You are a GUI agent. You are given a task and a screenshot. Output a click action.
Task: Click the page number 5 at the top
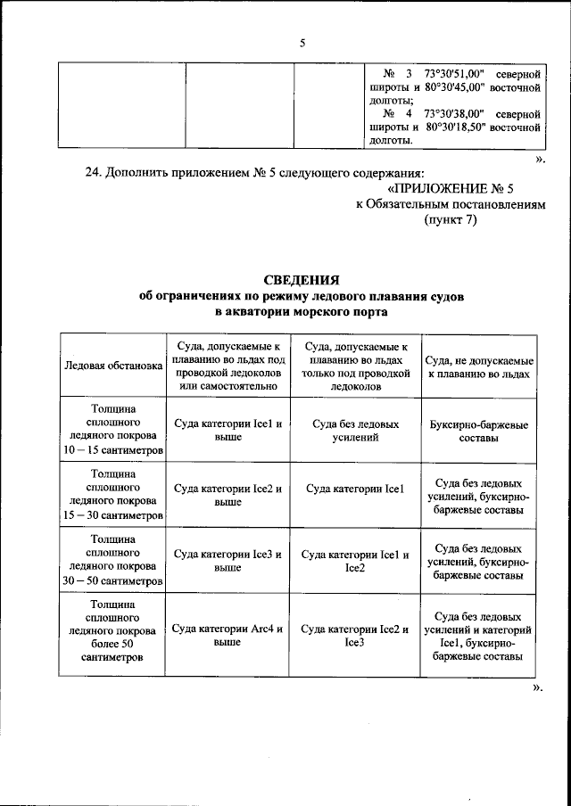pyautogui.click(x=302, y=43)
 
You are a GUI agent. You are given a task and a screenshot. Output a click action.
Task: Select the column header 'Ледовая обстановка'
pyautogui.click(x=112, y=365)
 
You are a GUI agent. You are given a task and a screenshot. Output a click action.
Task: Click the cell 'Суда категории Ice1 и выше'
pyautogui.click(x=228, y=432)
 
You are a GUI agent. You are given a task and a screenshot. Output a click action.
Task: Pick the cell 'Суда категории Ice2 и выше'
pyautogui.click(x=228, y=495)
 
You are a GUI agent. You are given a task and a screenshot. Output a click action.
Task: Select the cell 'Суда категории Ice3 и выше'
pyautogui.click(x=228, y=560)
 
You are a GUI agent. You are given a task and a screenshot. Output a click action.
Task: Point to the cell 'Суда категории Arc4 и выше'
pyautogui.click(x=228, y=634)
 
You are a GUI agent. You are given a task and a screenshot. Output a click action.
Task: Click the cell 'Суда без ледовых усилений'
pyautogui.click(x=356, y=432)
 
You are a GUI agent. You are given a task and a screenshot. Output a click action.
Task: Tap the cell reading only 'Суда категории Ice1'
pyautogui.click(x=356, y=489)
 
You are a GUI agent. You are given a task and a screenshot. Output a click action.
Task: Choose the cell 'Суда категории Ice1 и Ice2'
pyautogui.click(x=356, y=560)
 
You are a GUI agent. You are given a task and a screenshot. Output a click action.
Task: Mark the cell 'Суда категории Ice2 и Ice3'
pyautogui.click(x=356, y=634)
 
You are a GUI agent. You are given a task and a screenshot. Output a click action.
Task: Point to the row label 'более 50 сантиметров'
pyautogui.click(x=112, y=651)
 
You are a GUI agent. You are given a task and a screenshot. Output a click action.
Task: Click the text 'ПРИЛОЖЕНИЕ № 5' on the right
pyautogui.click(x=452, y=189)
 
